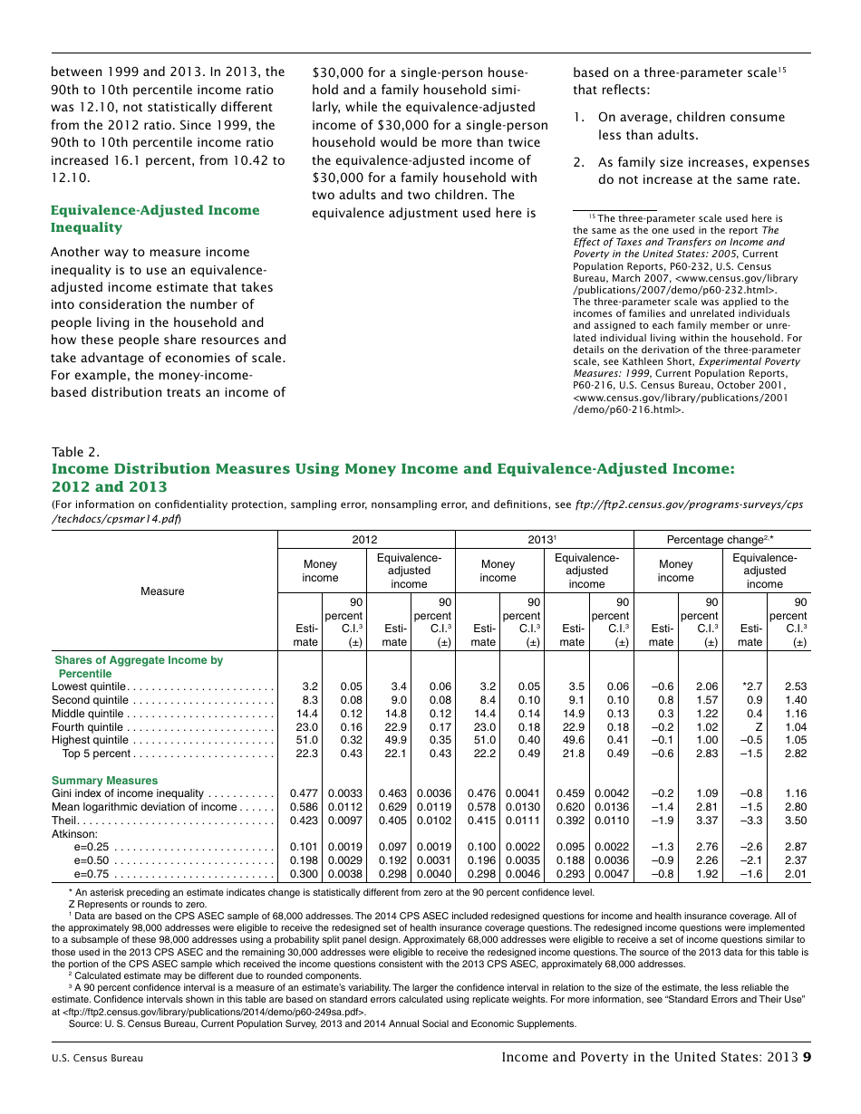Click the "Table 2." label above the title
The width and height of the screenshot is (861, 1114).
pos(75,452)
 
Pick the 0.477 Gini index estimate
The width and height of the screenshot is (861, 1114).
pos(304,793)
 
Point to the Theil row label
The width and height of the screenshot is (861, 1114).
pos(64,821)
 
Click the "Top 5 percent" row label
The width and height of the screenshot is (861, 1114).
pos(98,754)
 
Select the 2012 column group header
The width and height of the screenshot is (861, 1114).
pos(364,540)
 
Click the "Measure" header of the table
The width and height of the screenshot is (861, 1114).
pos(162,591)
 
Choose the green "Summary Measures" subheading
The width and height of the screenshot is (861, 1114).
pos(104,780)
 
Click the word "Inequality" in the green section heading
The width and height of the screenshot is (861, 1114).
pos(86,227)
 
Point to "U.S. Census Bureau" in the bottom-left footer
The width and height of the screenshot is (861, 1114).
pos(97,1058)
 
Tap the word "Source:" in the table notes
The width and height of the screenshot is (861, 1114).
pos(86,1023)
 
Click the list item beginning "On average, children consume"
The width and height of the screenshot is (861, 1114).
pos(691,126)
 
